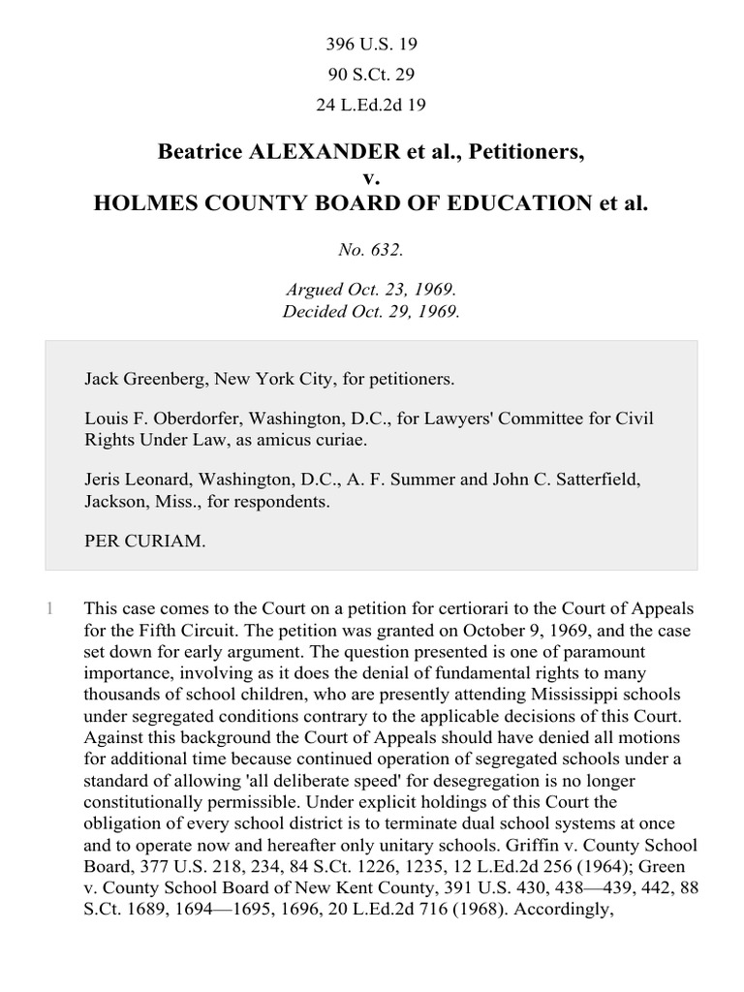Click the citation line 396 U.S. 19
click(x=371, y=45)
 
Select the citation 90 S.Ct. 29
click(x=371, y=76)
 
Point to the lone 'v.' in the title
click(x=371, y=178)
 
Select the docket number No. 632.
click(x=371, y=249)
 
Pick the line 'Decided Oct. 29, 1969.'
click(x=371, y=312)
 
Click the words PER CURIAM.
click(x=145, y=543)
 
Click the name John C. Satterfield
click(x=564, y=482)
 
